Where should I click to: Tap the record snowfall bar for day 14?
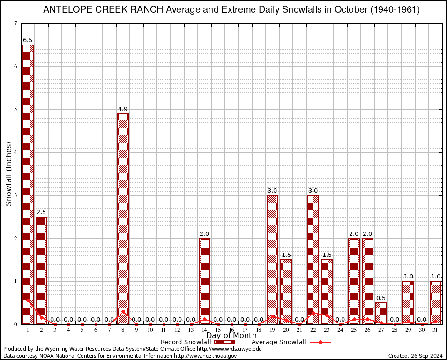pyautogui.click(x=204, y=281)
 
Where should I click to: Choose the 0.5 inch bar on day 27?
pyautogui.click(x=381, y=313)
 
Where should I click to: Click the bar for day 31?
pyautogui.click(x=435, y=302)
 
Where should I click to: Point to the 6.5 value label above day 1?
pyautogui.click(x=28, y=40)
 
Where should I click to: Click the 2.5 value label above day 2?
pyautogui.click(x=41, y=212)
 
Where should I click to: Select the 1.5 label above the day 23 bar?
pyautogui.click(x=327, y=255)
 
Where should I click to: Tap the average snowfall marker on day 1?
pyautogui.click(x=28, y=300)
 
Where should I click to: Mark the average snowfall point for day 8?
pyautogui.click(x=123, y=311)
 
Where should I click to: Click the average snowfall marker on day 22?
pyautogui.click(x=313, y=313)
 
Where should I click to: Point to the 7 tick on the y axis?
pyautogui.click(x=15, y=23)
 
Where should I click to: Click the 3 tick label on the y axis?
pyautogui.click(x=15, y=195)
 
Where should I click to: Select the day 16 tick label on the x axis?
pyautogui.click(x=231, y=330)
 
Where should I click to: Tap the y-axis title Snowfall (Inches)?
pyautogui.click(x=9, y=173)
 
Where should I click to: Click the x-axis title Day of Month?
pyautogui.click(x=231, y=336)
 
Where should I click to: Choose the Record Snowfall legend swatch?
pyautogui.click(x=224, y=342)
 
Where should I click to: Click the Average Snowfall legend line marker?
pyautogui.click(x=320, y=342)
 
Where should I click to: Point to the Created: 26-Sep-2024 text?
pyautogui.click(x=415, y=356)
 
